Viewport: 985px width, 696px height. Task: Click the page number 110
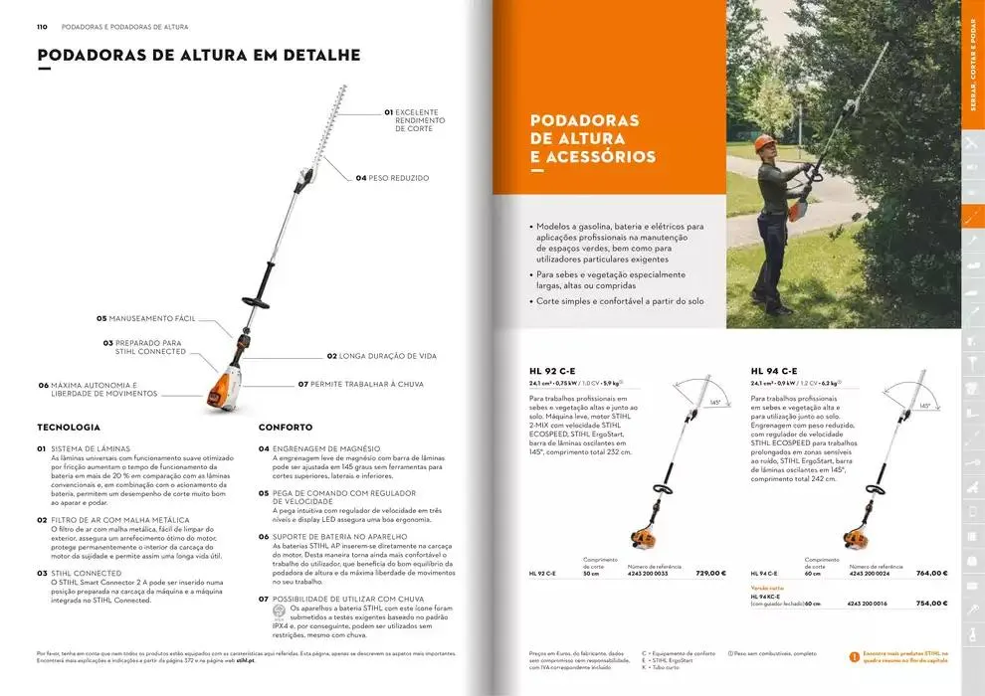(43, 27)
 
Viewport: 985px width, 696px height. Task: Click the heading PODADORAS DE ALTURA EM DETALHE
(198, 56)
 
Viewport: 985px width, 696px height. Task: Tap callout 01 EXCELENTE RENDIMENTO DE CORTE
(412, 120)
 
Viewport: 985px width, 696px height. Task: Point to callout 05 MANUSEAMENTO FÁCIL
(145, 319)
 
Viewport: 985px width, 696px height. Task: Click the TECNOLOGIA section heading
(69, 428)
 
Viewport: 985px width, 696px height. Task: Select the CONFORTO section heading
(286, 428)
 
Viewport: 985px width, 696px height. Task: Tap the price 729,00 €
(710, 574)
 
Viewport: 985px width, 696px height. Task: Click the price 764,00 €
(931, 574)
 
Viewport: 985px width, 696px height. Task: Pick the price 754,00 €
(931, 604)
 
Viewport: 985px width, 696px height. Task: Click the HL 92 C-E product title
(552, 371)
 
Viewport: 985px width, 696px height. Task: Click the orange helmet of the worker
(765, 141)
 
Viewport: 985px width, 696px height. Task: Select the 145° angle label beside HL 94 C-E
(924, 406)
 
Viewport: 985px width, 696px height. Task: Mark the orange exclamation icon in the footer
(854, 656)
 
